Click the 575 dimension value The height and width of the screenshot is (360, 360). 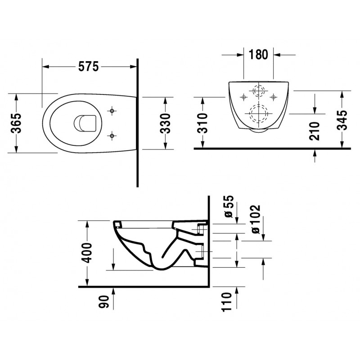[88, 67]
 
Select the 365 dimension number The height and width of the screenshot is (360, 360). [17, 123]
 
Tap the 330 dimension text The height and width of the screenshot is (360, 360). [165, 123]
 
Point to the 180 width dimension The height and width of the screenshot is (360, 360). [258, 54]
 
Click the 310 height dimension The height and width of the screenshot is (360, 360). [203, 123]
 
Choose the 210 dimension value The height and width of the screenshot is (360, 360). [315, 131]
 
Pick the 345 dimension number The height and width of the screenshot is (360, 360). [342, 120]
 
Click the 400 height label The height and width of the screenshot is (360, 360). [87, 252]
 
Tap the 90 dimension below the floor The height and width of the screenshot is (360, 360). [104, 301]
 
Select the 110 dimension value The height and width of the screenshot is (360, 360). [227, 302]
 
